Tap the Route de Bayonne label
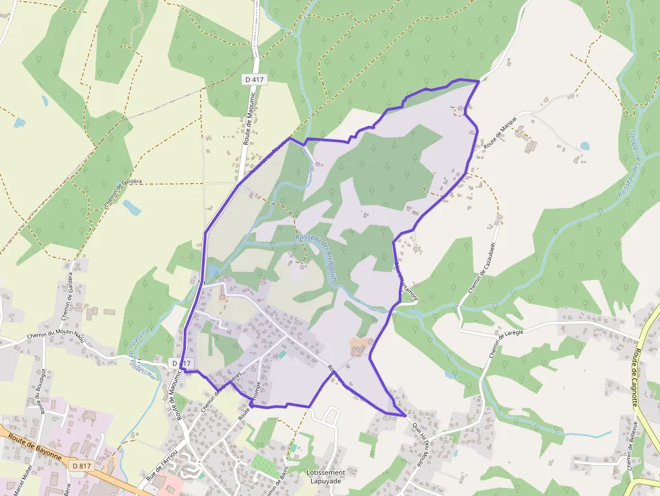pyautogui.click(x=35, y=447)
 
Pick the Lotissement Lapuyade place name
pyautogui.click(x=325, y=477)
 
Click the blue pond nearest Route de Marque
pyautogui.click(x=584, y=145)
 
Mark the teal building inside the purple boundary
pyautogui.click(x=282, y=354)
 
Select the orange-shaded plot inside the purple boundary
pyautogui.click(x=359, y=346)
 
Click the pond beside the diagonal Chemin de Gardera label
pyautogui.click(x=131, y=208)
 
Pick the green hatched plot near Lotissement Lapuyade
pyautogui.click(x=263, y=463)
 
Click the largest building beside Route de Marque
pyautogui.click(x=531, y=145)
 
